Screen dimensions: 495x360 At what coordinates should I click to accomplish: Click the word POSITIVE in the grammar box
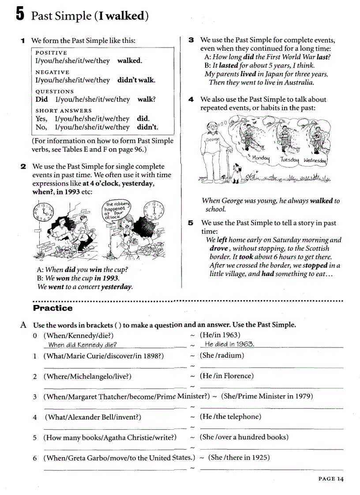(x=51, y=52)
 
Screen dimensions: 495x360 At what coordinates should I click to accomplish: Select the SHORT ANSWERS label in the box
(x=64, y=111)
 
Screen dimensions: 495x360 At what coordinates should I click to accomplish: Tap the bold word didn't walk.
(x=136, y=80)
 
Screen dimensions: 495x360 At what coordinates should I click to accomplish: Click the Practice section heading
(x=52, y=308)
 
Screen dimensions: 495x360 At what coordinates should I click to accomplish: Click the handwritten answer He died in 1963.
(x=229, y=344)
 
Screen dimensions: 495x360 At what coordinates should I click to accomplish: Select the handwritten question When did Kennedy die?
(x=82, y=345)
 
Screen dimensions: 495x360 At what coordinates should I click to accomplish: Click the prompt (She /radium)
(x=222, y=355)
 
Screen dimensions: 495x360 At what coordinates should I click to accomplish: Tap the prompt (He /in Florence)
(x=227, y=376)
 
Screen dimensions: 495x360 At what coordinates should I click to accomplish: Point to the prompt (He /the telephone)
(x=230, y=417)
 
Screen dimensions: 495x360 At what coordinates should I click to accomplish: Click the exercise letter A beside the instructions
(x=24, y=325)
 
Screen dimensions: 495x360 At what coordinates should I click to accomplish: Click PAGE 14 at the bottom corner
(x=330, y=479)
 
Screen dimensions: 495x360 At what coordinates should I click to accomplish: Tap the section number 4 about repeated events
(x=191, y=100)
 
